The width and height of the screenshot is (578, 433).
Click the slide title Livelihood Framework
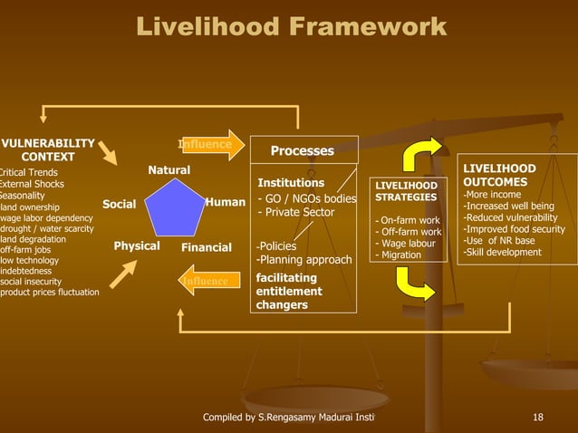[291, 27]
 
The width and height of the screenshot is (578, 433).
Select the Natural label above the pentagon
[169, 170]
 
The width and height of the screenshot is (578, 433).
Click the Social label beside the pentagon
[119, 205]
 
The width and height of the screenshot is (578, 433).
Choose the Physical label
[137, 246]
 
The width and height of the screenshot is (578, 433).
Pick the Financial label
[207, 247]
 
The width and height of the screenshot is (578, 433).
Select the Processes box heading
[303, 151]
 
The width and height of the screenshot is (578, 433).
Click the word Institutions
[291, 183]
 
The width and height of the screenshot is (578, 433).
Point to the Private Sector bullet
[296, 213]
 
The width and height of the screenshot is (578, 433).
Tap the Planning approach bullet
[303, 261]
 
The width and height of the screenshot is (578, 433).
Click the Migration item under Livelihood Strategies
[398, 255]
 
